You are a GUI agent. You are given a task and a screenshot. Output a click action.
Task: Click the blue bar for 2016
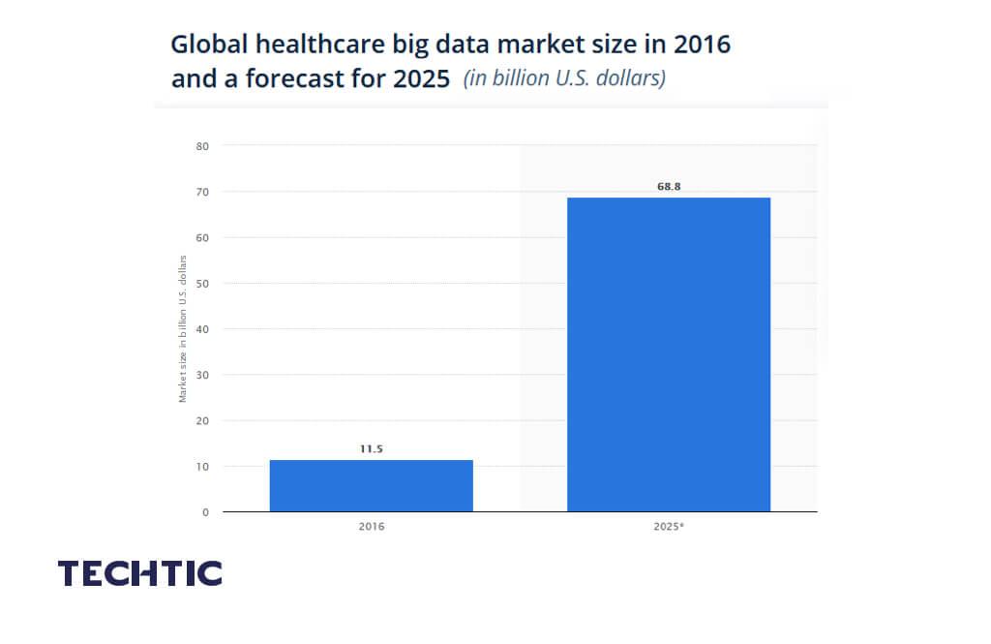click(371, 485)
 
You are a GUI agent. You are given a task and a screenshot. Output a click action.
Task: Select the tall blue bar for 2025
click(668, 353)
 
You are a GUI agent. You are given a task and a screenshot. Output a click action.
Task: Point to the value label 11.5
click(372, 448)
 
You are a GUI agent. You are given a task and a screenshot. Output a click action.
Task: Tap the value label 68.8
click(669, 186)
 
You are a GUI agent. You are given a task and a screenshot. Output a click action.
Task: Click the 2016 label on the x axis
click(372, 527)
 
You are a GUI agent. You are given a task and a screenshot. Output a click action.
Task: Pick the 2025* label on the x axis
click(669, 527)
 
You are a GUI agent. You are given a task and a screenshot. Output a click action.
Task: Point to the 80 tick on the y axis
click(203, 146)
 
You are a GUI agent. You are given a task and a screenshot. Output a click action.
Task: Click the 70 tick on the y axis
click(203, 192)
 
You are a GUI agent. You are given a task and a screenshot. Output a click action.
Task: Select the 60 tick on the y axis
click(203, 237)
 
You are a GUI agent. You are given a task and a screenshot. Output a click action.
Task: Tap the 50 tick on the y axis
click(203, 283)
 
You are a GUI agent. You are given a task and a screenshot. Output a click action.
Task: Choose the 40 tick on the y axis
click(203, 329)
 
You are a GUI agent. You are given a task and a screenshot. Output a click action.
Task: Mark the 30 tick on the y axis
click(203, 375)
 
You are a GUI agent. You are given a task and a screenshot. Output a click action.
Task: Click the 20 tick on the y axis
click(203, 420)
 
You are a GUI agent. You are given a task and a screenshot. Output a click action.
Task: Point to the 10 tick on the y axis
click(203, 466)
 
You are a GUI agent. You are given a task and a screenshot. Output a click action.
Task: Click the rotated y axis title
click(182, 328)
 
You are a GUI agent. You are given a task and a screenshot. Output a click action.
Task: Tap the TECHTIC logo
click(140, 572)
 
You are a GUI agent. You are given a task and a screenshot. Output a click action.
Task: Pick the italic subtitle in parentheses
click(564, 78)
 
